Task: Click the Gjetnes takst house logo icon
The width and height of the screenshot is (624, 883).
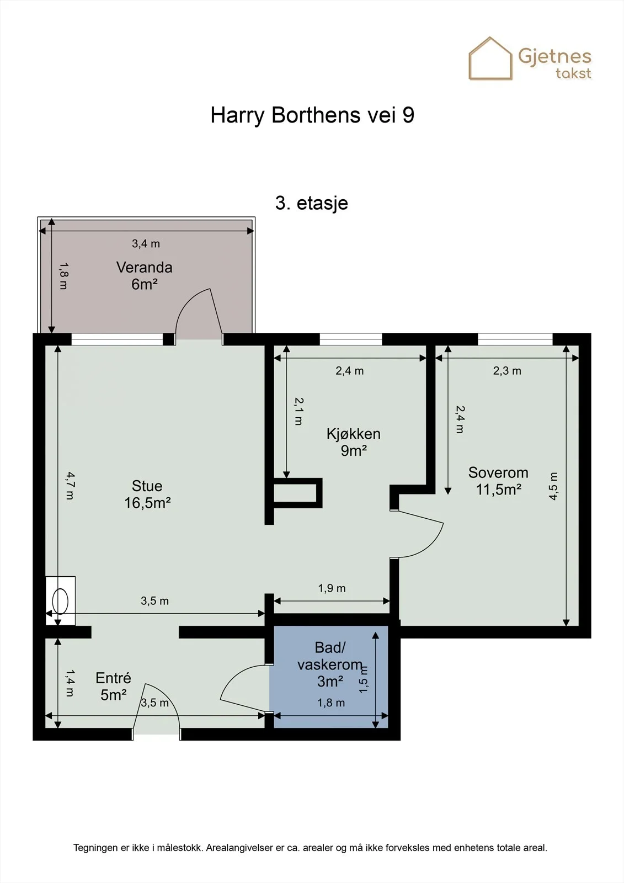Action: [x=490, y=58]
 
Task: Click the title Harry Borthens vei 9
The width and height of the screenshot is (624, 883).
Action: [x=312, y=115]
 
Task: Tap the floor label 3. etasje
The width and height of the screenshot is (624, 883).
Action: [x=311, y=204]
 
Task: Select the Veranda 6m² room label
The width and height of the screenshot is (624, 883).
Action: [x=144, y=275]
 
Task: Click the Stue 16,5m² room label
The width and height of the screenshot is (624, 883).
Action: [x=147, y=494]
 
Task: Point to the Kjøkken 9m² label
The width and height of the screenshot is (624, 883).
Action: [x=354, y=442]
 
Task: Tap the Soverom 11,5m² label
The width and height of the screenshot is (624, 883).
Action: [x=498, y=481]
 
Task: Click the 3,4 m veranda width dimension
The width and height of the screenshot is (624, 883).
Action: [x=146, y=243]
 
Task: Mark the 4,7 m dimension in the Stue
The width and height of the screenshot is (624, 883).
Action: [x=70, y=486]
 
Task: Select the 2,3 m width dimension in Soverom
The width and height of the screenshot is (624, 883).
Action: [x=507, y=370]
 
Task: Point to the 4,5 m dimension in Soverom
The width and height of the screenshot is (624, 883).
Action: [x=553, y=486]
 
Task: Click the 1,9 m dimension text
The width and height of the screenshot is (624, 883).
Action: [x=332, y=588]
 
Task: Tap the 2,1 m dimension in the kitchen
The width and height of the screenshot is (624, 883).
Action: [x=299, y=411]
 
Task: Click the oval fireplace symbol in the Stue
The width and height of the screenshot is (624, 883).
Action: [x=60, y=601]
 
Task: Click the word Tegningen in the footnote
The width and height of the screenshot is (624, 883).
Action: [x=95, y=848]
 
